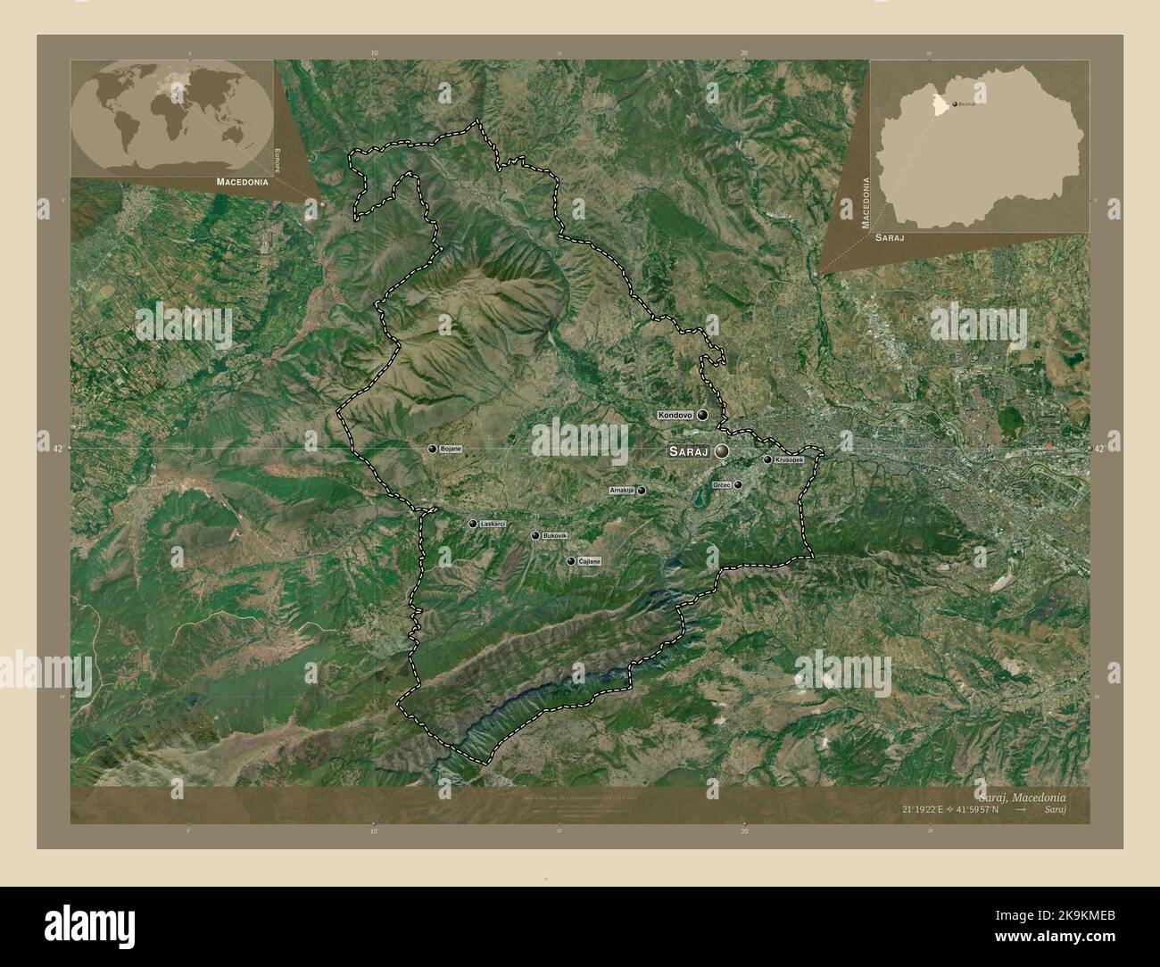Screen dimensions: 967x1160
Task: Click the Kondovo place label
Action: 676,416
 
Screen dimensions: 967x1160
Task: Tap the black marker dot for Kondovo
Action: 703,416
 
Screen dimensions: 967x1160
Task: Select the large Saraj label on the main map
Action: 688,452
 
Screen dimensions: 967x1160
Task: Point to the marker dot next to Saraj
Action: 720,452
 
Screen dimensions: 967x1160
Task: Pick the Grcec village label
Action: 722,484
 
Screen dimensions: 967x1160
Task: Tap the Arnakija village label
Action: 621,491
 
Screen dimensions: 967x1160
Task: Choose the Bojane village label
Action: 451,449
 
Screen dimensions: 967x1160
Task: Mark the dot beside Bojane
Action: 433,450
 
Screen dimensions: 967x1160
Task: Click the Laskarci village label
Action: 493,524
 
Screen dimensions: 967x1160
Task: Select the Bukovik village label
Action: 554,535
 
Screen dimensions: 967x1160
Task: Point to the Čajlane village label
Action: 590,561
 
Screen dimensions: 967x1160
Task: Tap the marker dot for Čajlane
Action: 571,561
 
